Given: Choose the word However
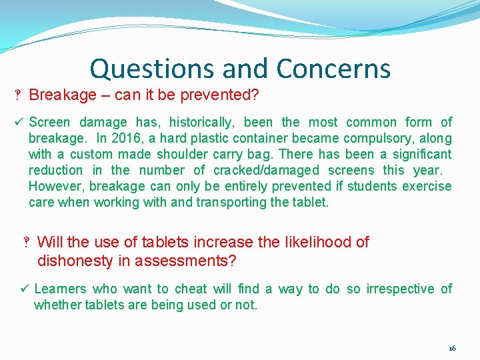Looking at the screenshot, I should click(x=57, y=186).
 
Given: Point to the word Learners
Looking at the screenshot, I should click(x=60, y=289).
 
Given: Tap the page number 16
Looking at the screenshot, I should click(x=452, y=348).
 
